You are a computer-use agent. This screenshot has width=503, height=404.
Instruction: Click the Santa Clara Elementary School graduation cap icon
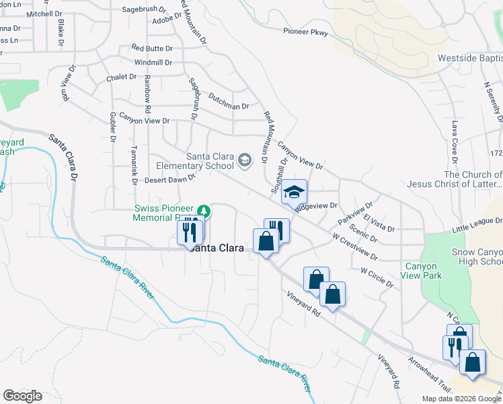click(x=244, y=160)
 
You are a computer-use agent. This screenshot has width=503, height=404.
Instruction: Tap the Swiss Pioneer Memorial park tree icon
click(x=207, y=212)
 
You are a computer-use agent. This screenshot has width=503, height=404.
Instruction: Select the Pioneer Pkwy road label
click(x=307, y=32)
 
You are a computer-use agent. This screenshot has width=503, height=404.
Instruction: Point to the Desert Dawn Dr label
click(x=169, y=180)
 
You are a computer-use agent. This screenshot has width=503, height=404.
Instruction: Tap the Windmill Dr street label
click(x=153, y=63)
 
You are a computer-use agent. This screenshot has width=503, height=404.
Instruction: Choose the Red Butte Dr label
click(x=152, y=48)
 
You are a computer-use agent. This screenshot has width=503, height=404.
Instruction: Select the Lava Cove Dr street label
click(x=456, y=142)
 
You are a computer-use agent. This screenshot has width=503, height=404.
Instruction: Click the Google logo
click(x=22, y=396)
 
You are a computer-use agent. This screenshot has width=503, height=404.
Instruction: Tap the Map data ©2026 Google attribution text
click(x=461, y=399)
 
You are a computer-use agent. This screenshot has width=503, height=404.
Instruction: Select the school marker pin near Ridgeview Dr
click(x=294, y=193)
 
